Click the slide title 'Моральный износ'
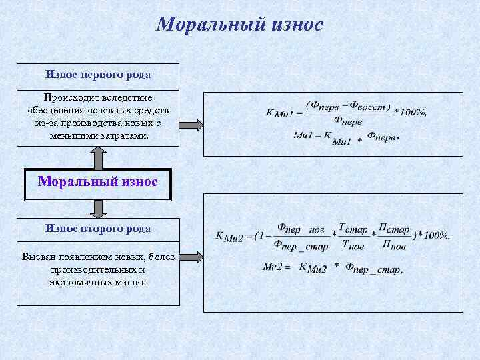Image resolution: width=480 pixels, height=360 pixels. coord(239,25)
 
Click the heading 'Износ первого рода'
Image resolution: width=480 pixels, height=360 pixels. coord(98,74)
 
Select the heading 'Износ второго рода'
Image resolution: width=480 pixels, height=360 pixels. coord(98,228)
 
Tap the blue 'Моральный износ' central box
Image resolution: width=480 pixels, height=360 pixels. coord(98,181)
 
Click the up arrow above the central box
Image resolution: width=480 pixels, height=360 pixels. coord(99,157)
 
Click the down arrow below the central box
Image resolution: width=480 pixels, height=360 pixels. coord(99,209)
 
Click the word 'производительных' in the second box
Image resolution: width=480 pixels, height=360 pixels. coord(93,270)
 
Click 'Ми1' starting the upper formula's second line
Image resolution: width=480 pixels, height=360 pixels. coord(303,135)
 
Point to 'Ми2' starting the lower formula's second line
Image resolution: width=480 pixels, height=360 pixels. coord(273,267)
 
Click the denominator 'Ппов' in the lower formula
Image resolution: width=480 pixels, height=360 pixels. coord(394,245)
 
